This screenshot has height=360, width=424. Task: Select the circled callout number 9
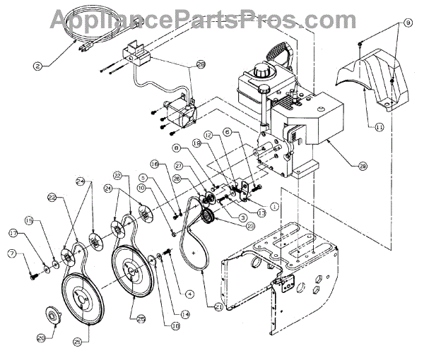pyautogui.click(x=407, y=24)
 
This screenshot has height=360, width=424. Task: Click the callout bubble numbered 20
pyautogui.click(x=41, y=338)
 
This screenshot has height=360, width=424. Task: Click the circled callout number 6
pyautogui.click(x=227, y=131)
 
